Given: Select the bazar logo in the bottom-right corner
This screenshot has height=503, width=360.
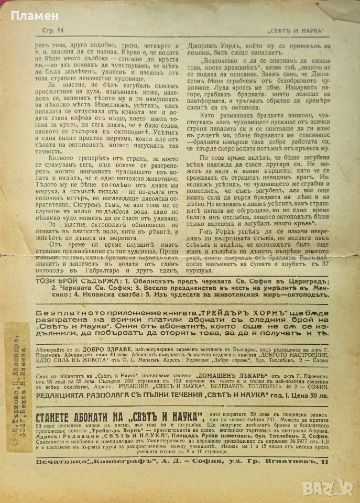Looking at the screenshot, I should (332, 487).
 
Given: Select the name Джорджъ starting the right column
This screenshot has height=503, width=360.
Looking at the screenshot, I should (200, 46).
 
